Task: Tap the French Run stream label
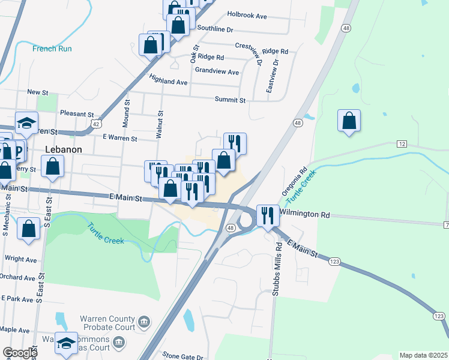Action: (53, 49)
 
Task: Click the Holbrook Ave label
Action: (247, 16)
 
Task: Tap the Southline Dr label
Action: (215, 29)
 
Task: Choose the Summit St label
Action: (231, 100)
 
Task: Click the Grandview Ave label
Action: (216, 72)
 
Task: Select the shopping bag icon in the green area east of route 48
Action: (349, 120)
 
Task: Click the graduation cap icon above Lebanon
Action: (26, 122)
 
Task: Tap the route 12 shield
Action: (402, 144)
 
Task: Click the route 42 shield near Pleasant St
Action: (96, 123)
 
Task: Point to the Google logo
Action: (19, 353)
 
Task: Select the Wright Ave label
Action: (20, 259)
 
